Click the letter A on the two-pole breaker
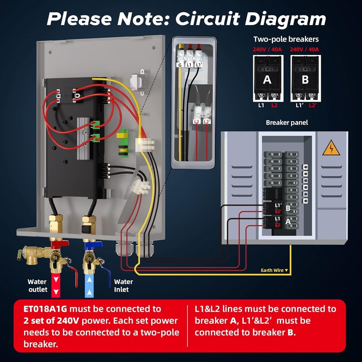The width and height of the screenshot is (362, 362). [267, 79]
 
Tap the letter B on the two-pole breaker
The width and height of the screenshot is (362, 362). [305, 79]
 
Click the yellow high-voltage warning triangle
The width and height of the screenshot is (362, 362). [331, 148]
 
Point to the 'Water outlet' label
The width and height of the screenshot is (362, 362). [38, 285]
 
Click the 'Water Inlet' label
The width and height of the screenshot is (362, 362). [123, 285]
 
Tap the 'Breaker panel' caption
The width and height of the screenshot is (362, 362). [287, 122]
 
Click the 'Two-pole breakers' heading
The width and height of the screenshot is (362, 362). [286, 39]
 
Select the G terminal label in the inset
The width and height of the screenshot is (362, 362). [179, 65]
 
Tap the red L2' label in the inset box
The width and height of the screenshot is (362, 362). [207, 122]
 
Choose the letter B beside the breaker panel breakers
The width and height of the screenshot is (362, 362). [288, 208]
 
